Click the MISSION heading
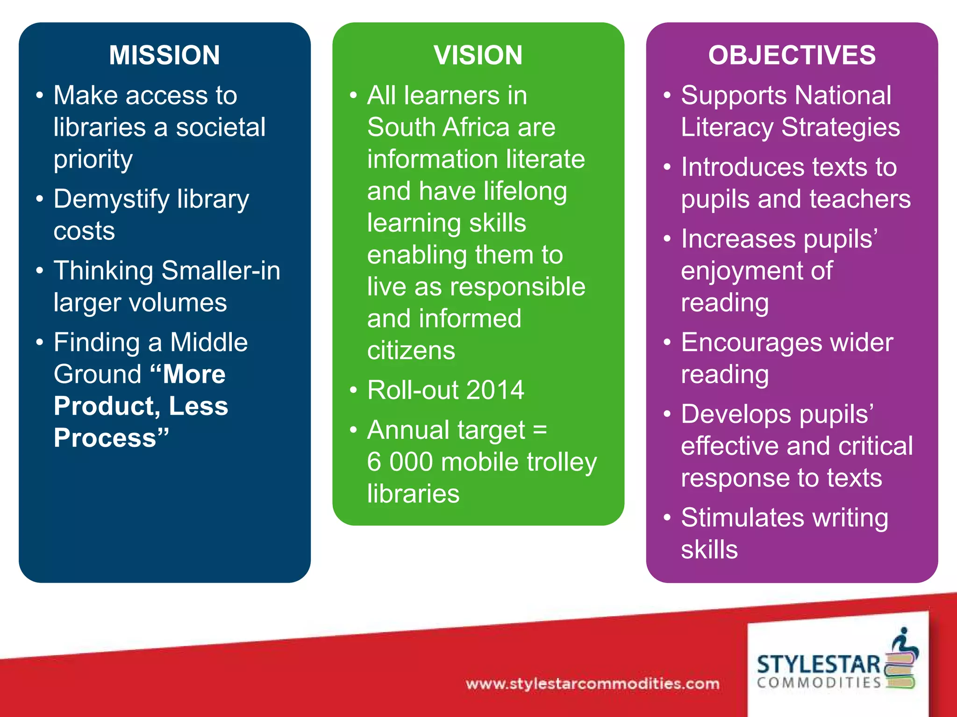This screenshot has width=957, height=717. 164,55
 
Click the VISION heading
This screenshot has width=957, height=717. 478,55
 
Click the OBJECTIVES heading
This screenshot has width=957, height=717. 792,55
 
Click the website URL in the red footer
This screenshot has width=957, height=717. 593,684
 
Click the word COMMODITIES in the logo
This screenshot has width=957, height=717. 819,683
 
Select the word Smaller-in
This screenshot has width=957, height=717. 221,271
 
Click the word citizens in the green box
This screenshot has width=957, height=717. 411,351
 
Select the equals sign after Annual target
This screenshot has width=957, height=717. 540,429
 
